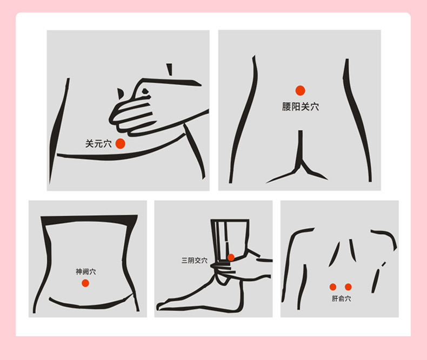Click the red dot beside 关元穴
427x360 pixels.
point(121,143)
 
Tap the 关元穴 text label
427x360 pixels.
point(98,144)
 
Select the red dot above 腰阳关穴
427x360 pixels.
point(300,90)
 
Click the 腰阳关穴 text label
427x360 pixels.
point(301,106)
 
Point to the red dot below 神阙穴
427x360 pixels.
point(85,283)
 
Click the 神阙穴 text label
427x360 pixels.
point(86,271)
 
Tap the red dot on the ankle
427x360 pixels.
point(231,257)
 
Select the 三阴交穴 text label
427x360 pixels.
point(195,261)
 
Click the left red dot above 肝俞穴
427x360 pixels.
point(333,286)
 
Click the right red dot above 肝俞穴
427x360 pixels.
point(348,286)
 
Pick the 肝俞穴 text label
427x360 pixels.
point(341,299)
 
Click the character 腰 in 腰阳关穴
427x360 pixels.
point(287,106)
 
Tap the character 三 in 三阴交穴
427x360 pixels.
point(185,261)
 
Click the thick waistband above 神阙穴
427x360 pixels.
point(89,219)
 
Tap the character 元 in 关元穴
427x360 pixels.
point(98,144)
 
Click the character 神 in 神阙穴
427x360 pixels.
point(79,271)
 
